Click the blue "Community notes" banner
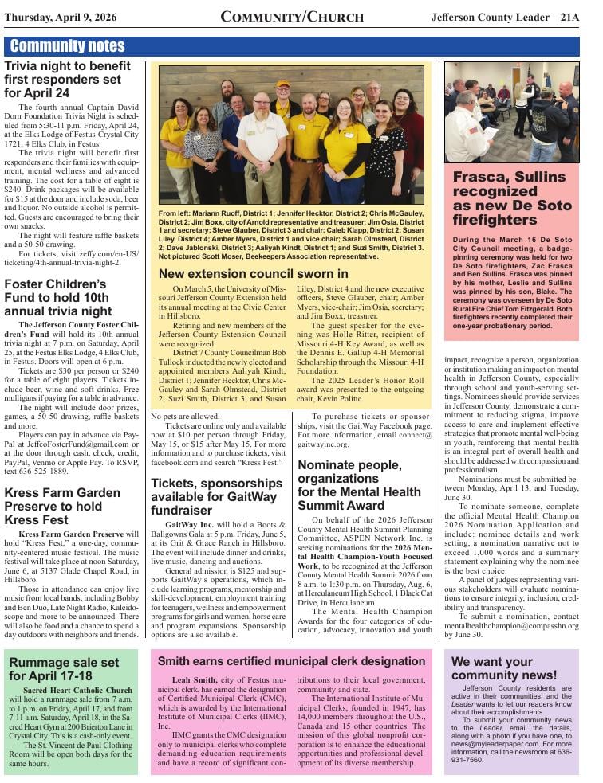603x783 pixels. click(68, 46)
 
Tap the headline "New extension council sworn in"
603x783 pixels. click(253, 273)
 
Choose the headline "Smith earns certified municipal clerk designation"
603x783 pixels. click(291, 661)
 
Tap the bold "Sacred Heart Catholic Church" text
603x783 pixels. click(78, 690)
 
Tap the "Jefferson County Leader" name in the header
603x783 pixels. click(490, 17)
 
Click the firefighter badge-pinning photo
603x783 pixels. click(511, 112)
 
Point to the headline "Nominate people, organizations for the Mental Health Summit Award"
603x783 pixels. click(359, 484)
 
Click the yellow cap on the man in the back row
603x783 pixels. click(283, 84)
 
